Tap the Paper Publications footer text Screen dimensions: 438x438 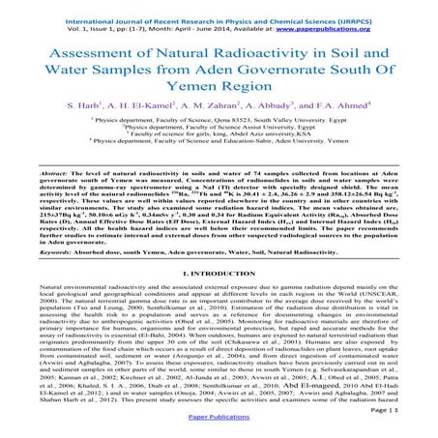(219, 428)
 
